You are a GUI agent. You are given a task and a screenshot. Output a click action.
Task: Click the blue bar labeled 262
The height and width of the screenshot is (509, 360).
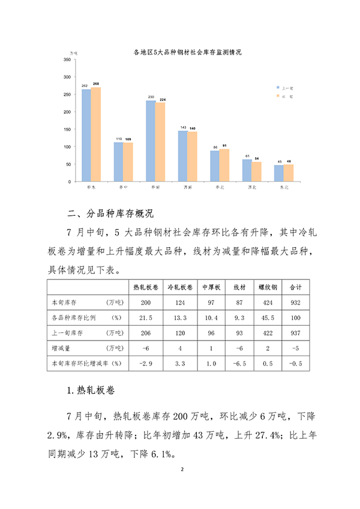tap(86, 135)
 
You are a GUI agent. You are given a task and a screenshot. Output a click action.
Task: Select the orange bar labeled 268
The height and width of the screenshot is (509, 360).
tap(96, 134)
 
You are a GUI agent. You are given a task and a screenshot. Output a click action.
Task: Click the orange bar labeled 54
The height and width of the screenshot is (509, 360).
tap(257, 171)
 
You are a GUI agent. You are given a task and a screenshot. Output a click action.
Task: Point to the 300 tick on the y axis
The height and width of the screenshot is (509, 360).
tap(67, 77)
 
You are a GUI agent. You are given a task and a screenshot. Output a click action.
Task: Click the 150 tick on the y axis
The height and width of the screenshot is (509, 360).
tap(67, 129)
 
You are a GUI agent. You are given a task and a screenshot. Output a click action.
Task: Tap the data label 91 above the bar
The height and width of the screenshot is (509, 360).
tap(224, 145)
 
